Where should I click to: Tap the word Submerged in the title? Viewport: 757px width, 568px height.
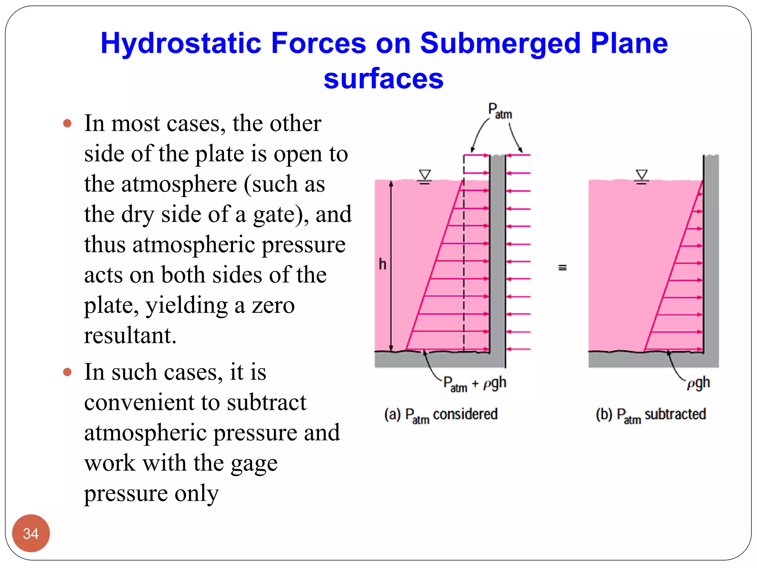tap(500, 44)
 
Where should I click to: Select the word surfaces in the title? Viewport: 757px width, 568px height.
tap(383, 79)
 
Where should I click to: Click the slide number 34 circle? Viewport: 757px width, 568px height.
tap(31, 533)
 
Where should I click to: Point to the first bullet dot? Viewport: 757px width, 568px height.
tap(67, 123)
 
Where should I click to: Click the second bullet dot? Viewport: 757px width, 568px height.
tap(67, 372)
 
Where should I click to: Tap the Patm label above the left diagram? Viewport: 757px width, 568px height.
tap(500, 111)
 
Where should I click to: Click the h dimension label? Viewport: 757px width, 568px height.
tap(383, 264)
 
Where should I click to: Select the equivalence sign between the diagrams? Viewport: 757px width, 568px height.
tap(562, 267)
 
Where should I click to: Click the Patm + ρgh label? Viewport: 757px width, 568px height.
tap(475, 384)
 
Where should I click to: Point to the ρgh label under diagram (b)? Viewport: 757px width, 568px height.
tap(698, 383)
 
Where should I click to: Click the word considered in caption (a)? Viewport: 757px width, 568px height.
tap(465, 414)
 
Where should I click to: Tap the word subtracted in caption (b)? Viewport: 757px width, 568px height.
tap(675, 414)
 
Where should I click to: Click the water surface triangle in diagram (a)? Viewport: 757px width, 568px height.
tap(425, 175)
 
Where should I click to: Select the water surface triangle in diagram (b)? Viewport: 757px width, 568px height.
tap(642, 175)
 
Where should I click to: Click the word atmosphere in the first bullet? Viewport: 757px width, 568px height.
tap(179, 184)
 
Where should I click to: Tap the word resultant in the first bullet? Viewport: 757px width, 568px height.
tap(130, 335)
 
